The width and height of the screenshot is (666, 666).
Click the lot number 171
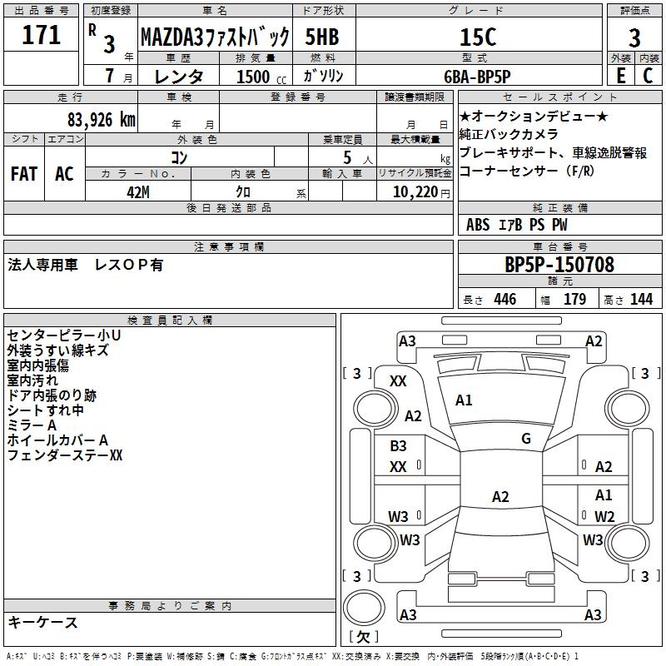42,35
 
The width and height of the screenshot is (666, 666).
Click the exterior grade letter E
620,75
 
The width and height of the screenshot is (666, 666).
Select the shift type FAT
23,174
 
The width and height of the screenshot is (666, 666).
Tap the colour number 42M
139,191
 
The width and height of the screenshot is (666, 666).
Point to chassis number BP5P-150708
559,265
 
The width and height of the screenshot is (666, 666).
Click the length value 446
504,300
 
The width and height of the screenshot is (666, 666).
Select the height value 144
641,300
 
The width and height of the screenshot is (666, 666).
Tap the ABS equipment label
478,225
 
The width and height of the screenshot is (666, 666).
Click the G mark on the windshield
525,439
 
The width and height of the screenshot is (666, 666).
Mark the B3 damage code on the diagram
398,446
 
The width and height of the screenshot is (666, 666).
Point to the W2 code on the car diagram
604,517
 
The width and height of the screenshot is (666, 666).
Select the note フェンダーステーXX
65,455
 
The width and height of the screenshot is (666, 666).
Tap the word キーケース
42,622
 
